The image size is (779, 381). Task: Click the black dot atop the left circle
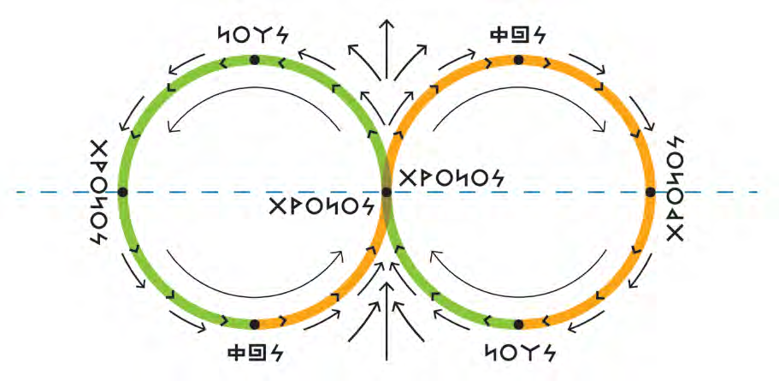click(x=254, y=60)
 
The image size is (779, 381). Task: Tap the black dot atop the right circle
click(x=518, y=60)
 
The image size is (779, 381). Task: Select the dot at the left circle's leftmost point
click(x=122, y=193)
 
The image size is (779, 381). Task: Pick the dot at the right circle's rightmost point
click(x=650, y=193)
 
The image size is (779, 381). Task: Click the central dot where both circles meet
click(x=387, y=193)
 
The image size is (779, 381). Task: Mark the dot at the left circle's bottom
click(x=254, y=324)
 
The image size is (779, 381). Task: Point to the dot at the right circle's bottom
click(x=518, y=324)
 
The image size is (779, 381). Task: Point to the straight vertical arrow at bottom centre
click(x=387, y=330)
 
